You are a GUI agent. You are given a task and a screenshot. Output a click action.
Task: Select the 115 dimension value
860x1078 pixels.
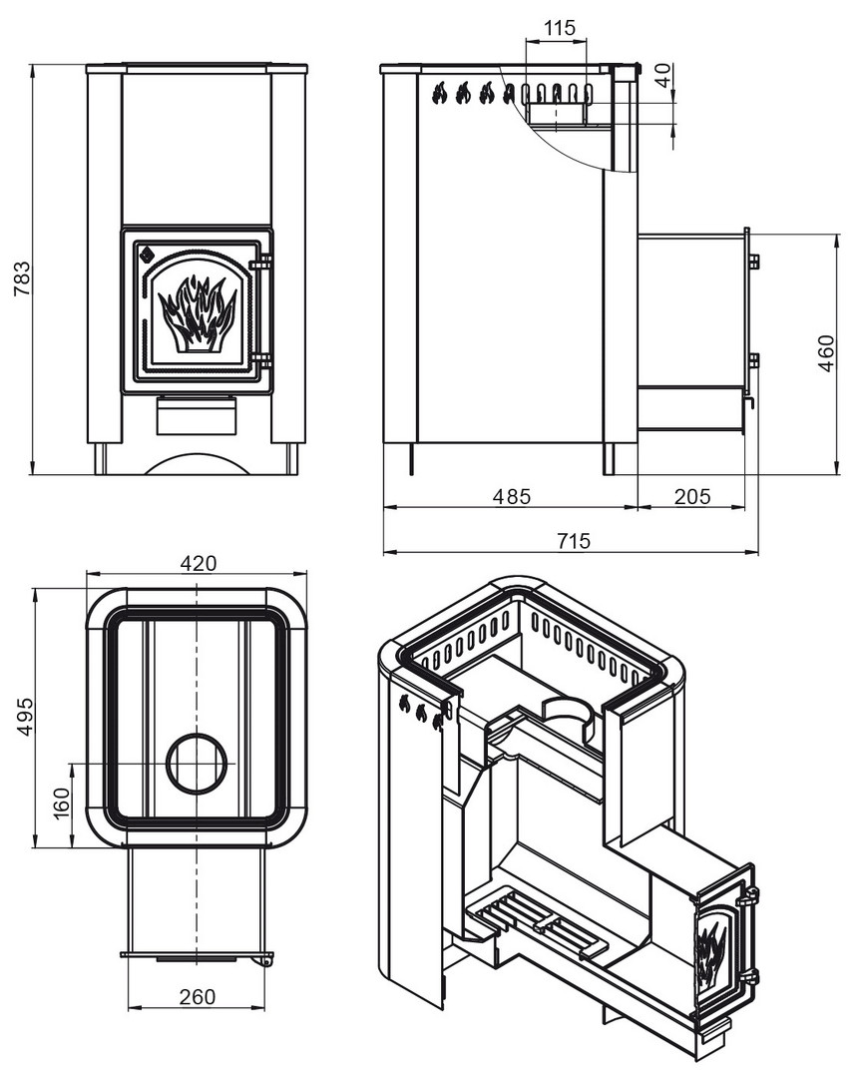coord(559,28)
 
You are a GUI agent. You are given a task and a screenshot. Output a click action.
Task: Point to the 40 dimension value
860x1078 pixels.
coord(662,74)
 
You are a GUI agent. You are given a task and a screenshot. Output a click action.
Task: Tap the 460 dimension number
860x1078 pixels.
coord(826,353)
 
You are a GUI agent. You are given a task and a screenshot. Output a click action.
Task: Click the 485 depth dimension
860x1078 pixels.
coord(512,496)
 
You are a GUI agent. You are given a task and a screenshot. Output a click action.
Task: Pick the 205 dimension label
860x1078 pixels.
coord(691,496)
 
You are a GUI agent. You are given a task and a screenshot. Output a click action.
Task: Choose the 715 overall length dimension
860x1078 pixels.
coord(574,540)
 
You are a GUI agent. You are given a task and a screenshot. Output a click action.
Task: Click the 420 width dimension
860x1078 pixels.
coord(198,563)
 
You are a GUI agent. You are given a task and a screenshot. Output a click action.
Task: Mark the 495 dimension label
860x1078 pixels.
coord(24,717)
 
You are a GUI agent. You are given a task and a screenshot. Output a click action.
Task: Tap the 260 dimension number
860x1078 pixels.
coord(198,996)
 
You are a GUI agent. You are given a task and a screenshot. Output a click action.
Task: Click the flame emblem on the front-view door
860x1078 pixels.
coord(197,312)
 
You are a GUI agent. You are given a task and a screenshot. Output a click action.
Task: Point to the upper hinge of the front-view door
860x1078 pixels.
coord(261,263)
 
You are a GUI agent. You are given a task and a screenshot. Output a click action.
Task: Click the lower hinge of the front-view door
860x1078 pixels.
coord(261,360)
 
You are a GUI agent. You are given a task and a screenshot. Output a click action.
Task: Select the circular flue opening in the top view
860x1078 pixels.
coord(197,764)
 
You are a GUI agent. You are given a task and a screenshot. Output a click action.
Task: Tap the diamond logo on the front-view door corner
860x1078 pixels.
coord(146,256)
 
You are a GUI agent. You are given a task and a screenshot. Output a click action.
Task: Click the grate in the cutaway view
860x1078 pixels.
coord(536,923)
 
